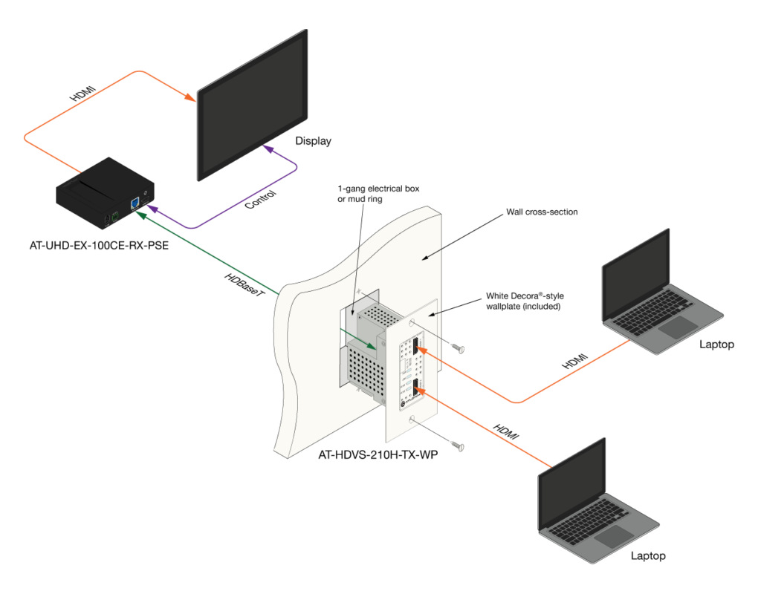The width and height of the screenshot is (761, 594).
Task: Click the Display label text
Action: coord(313,141)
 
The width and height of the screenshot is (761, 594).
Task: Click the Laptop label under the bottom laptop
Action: coord(648,555)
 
